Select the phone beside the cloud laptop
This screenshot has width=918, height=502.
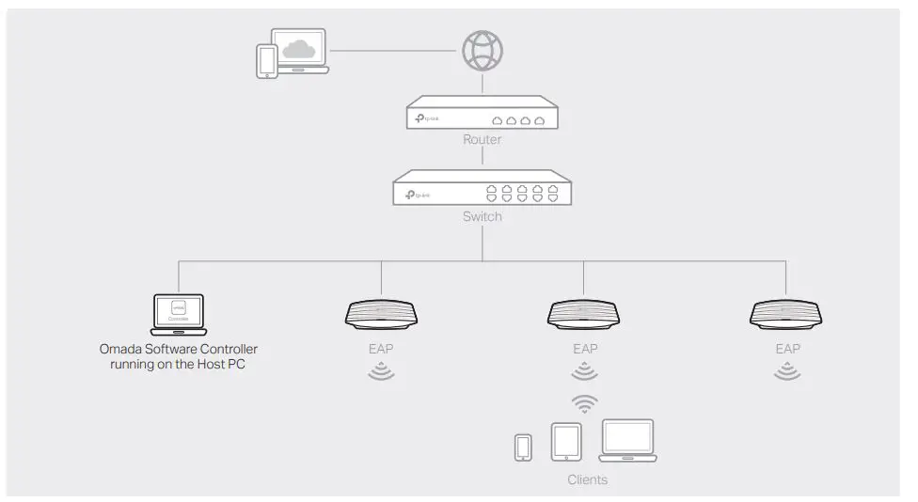click(x=266, y=61)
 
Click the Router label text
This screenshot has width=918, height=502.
click(x=482, y=140)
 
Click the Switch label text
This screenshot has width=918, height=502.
click(x=482, y=217)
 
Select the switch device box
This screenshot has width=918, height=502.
click(x=482, y=189)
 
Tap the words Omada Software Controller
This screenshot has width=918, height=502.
click(x=178, y=350)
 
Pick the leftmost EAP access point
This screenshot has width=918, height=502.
click(x=381, y=314)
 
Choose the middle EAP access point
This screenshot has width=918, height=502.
click(x=584, y=314)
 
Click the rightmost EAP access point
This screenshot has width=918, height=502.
click(x=787, y=314)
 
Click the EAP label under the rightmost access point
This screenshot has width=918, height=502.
click(x=787, y=349)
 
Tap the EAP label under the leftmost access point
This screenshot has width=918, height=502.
click(x=381, y=349)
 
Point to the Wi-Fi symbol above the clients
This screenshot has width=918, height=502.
click(x=585, y=404)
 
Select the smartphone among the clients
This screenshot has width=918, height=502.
click(x=523, y=447)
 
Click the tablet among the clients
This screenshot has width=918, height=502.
click(x=565, y=442)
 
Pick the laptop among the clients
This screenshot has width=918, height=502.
click(x=627, y=440)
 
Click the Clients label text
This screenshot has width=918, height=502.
click(x=587, y=480)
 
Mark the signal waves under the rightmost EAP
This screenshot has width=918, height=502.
click(x=787, y=372)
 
